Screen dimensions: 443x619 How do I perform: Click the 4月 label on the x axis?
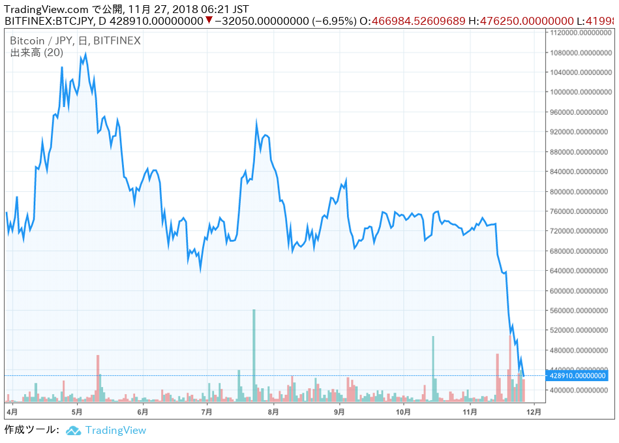coord(12,412)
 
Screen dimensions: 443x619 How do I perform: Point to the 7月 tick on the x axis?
coord(207,412)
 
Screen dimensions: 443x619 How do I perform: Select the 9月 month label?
coord(339,412)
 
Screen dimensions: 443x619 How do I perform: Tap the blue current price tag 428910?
coord(578,375)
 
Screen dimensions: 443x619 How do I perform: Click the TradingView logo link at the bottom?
coord(107,430)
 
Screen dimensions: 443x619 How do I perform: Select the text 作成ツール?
coord(31,430)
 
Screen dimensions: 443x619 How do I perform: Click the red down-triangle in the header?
coord(208,20)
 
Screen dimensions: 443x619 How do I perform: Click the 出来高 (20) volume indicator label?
coord(37,52)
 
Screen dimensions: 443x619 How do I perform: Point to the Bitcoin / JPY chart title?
coord(75,40)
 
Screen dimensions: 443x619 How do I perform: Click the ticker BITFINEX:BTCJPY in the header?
coord(46,21)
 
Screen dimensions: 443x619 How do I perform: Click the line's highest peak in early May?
coord(85,55)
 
